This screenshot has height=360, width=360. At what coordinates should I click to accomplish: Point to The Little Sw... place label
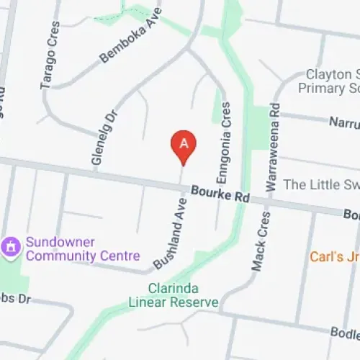[x=321, y=185]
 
